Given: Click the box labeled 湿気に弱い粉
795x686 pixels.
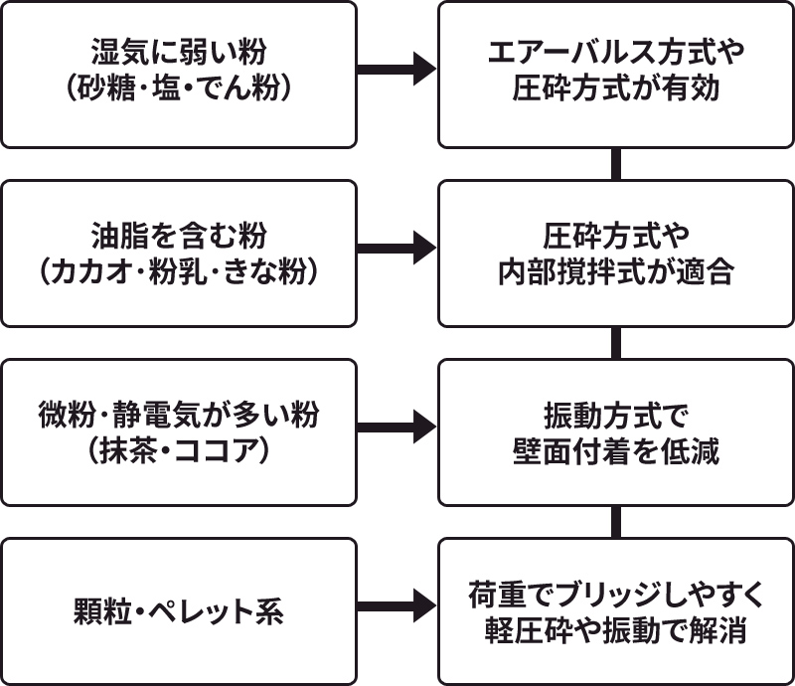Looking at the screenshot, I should [179, 74].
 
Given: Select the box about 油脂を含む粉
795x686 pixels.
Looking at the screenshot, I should [179, 253].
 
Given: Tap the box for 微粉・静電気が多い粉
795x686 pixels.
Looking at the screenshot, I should [179, 431].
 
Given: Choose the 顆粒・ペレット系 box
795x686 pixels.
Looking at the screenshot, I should [179, 610].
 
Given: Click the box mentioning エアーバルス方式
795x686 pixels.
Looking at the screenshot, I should [616, 74].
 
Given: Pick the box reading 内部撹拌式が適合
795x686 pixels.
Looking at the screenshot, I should [616, 253].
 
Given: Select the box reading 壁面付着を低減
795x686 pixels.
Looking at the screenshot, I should [616, 431].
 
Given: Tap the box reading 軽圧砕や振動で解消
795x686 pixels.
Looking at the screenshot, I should [616, 610].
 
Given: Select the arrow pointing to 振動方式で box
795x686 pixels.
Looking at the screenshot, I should [397, 428].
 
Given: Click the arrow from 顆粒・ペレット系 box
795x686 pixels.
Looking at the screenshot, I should [397, 604].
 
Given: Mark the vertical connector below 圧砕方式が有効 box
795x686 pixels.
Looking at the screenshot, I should [616, 163].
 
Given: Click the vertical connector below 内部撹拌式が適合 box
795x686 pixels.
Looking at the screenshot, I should [616, 342].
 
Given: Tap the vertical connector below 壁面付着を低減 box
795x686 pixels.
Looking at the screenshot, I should [616, 521].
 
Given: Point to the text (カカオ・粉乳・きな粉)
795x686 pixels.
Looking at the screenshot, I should [179, 271].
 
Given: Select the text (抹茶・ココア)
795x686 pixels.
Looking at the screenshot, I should [179, 450].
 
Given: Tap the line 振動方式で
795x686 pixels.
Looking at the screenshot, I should [616, 415].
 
